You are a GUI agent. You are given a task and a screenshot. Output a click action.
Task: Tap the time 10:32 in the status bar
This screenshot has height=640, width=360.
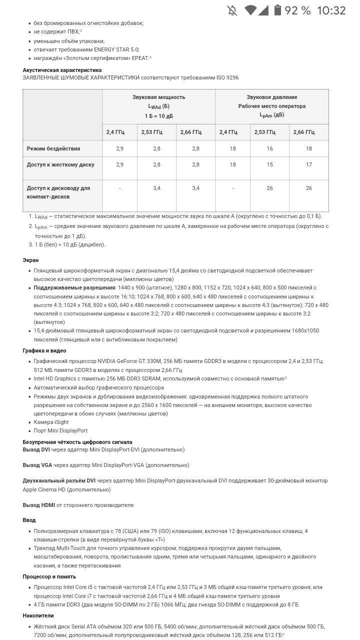point(331,10)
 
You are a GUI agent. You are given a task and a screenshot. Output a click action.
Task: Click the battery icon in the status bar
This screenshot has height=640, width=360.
point(278,10)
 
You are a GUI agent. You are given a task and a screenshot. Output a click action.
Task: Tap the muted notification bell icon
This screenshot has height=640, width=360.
point(232,10)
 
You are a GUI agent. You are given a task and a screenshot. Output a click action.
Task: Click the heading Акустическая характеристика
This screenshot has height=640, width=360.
point(62,70)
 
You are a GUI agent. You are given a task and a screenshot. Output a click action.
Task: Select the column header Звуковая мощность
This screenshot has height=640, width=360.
point(159,97)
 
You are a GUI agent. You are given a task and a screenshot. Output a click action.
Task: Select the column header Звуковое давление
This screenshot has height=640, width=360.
point(271,97)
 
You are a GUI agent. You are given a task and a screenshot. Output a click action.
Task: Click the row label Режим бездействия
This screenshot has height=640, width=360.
point(53,148)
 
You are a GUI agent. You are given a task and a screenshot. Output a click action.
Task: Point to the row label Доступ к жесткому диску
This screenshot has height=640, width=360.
point(60,164)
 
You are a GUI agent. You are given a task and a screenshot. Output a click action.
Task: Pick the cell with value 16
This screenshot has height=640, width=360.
point(269,148)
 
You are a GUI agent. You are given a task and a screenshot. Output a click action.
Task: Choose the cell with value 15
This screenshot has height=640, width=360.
point(269,164)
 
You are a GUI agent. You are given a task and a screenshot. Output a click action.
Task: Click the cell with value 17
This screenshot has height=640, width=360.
point(309,164)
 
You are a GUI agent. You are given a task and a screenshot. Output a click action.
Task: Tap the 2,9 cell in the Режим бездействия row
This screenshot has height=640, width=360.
point(119,148)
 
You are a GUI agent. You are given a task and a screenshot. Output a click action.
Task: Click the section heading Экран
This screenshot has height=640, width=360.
point(30,260)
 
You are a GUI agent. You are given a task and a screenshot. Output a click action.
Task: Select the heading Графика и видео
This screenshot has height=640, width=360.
point(44,350)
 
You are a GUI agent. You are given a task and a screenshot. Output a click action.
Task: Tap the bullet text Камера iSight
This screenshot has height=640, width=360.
point(51,422)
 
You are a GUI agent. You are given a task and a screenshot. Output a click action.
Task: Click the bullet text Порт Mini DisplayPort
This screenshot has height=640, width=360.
point(60,430)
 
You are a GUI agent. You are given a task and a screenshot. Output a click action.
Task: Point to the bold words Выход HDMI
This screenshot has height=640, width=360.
point(38,505)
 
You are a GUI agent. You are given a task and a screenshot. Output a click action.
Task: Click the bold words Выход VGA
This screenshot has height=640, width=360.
point(37,465)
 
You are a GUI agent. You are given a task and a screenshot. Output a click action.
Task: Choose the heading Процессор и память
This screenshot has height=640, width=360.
point(49,576)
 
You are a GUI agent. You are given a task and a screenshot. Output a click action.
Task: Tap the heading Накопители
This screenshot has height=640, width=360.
point(38,615)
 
